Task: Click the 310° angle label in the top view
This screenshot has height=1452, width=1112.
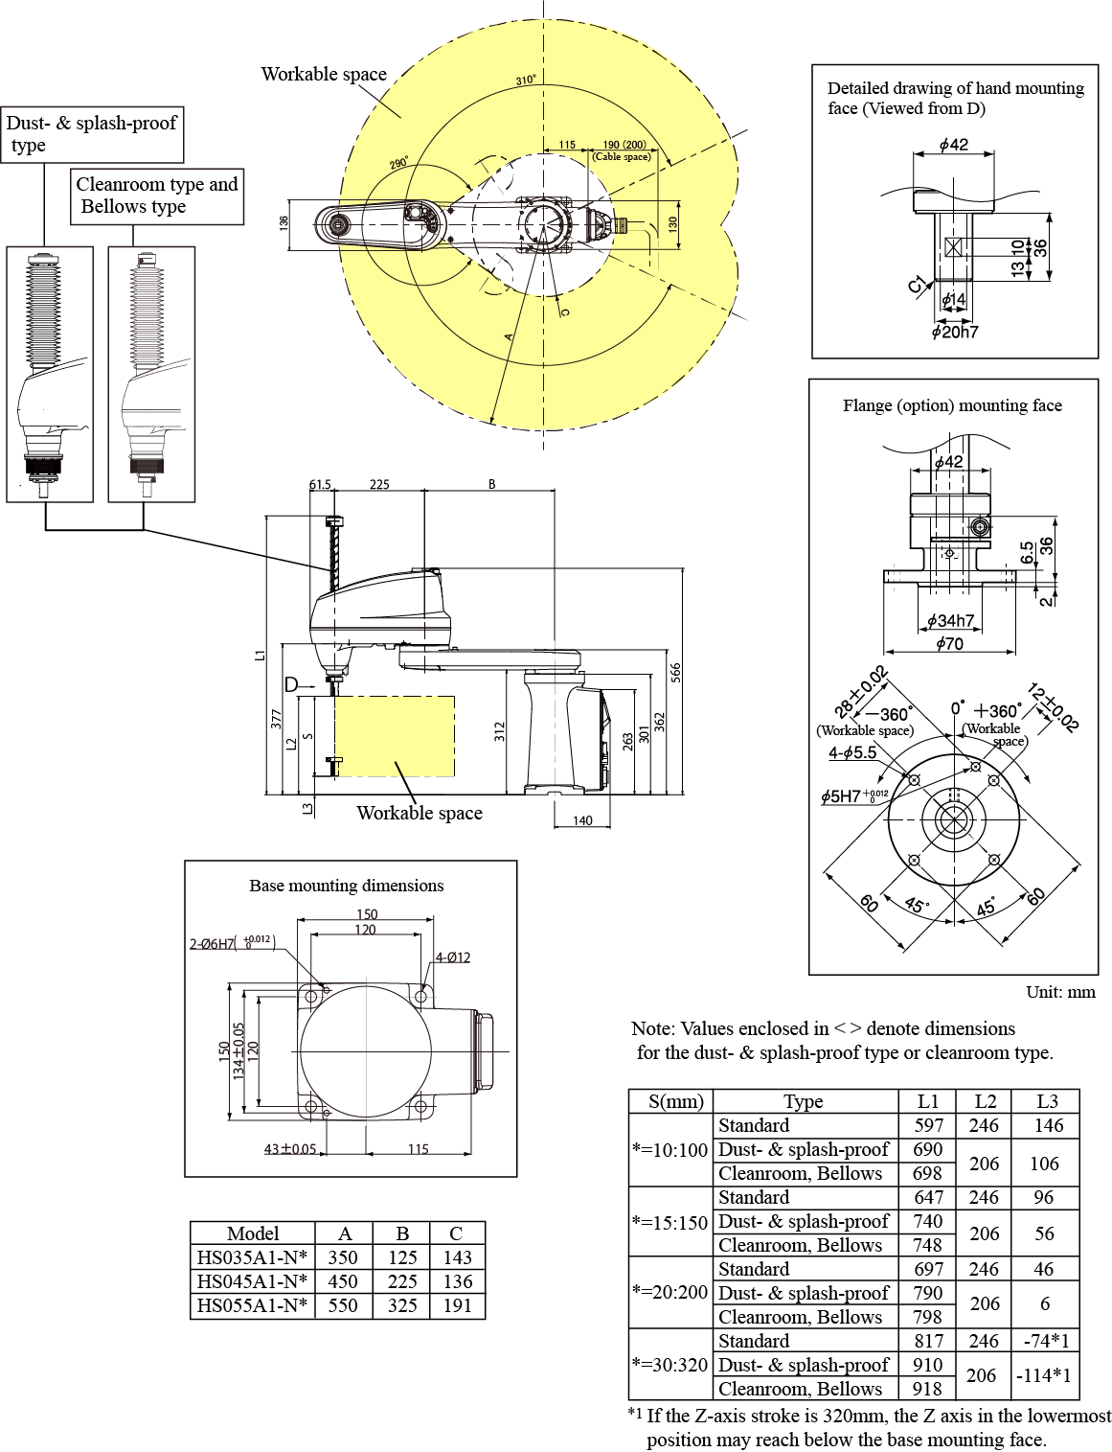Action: click(526, 81)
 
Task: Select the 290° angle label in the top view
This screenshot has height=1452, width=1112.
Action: click(398, 164)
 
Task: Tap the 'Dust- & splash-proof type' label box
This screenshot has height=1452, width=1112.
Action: click(92, 134)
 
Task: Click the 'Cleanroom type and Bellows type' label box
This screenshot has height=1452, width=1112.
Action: click(157, 196)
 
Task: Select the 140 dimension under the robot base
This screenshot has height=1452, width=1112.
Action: click(582, 820)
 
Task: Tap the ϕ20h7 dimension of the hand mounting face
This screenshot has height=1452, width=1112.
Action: click(955, 332)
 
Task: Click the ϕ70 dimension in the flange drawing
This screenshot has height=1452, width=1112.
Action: click(949, 644)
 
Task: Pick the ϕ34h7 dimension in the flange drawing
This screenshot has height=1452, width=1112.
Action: click(950, 621)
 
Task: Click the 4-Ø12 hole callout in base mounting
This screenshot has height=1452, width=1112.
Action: click(453, 957)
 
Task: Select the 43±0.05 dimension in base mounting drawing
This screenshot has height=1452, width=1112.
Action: click(290, 1149)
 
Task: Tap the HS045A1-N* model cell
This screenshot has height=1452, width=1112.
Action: click(253, 1281)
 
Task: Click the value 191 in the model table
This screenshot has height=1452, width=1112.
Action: click(457, 1305)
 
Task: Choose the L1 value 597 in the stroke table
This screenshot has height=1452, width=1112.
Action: click(928, 1125)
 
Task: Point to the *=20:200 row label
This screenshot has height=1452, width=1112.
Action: click(669, 1292)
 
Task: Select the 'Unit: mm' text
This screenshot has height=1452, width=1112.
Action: click(1060, 992)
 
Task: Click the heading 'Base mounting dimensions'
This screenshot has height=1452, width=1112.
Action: click(347, 886)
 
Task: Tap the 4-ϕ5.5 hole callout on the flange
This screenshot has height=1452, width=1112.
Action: click(852, 753)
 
